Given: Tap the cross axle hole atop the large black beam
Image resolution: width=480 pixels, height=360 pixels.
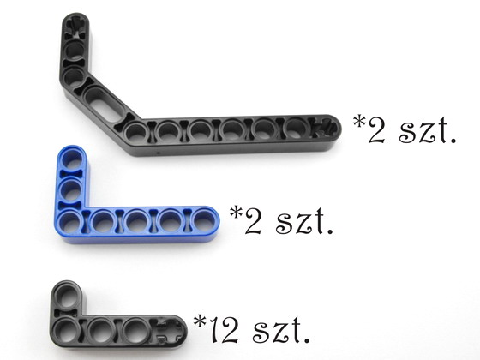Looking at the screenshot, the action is point(75,27).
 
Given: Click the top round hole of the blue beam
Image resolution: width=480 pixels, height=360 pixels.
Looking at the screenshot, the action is point(72,159).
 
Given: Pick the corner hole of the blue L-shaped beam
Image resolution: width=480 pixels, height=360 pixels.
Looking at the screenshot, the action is point(70,221).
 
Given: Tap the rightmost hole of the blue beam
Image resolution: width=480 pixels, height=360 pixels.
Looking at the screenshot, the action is point(204,219).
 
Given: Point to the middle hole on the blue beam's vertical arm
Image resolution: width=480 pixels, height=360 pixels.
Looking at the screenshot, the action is point(72,190).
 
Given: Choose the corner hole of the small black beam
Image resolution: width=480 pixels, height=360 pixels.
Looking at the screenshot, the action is point(67,330).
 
